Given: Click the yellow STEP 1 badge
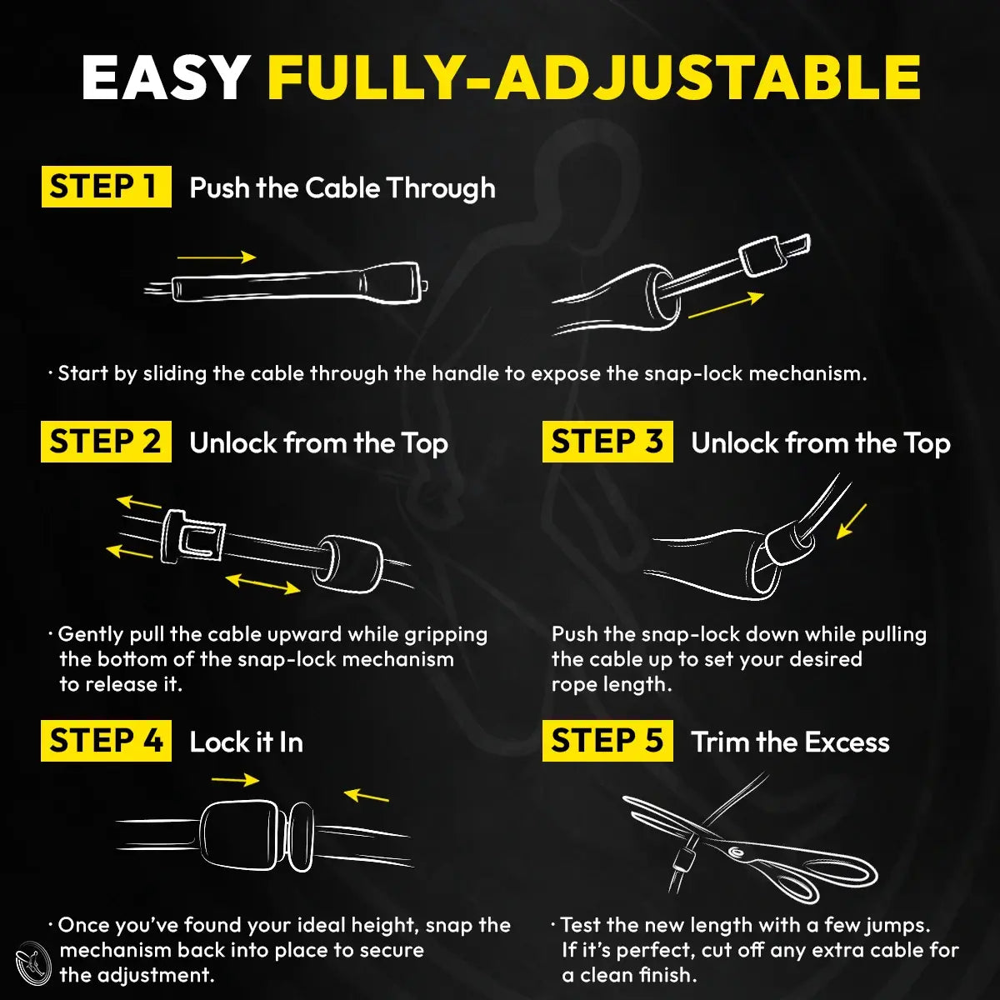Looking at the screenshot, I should pos(106,187).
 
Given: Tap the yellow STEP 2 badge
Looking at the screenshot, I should pos(106,442).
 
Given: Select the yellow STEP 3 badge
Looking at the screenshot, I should pos(607,442).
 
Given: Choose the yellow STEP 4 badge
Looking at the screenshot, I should pos(106,741).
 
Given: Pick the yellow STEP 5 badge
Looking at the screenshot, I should pos(607,741).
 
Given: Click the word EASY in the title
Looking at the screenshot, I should pos(166,79).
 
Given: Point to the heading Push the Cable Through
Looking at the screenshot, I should pos(342,188).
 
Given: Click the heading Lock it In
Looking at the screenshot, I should pos(246,742).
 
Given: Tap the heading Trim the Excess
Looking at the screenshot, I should pos(790,742).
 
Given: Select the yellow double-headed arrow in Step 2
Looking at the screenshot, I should pos(263,583).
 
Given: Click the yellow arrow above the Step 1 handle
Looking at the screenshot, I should pos(217,257).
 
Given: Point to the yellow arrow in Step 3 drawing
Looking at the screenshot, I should pos(852,521).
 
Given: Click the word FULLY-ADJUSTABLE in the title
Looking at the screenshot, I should pos(593,79).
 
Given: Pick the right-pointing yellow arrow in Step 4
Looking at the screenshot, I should pos(236,781).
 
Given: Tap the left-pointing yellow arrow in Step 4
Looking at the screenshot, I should pos(367,796).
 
